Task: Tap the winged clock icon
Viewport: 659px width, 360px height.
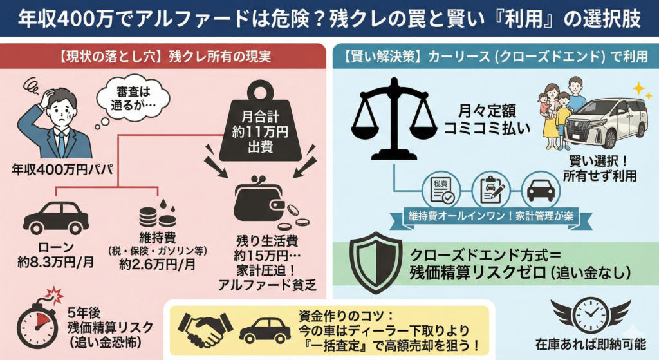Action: coord(589,315)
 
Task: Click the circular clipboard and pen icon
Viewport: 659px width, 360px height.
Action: coord(489,189)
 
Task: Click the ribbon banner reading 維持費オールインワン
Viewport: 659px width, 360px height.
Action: coord(489,216)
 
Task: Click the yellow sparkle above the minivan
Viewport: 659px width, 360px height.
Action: coord(639,88)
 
